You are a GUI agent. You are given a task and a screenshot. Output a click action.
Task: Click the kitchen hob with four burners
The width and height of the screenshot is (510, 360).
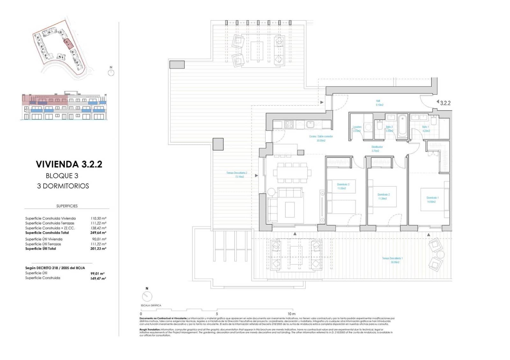point(289,124)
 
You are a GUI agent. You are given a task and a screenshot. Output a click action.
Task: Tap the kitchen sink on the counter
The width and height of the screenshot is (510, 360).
point(310,124)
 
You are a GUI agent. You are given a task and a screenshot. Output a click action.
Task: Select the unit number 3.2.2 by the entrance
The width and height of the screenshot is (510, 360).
point(445,103)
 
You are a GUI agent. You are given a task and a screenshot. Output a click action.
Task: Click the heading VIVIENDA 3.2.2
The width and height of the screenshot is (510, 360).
point(69,164)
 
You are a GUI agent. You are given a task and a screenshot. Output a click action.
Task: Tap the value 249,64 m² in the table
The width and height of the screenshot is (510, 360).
point(98,233)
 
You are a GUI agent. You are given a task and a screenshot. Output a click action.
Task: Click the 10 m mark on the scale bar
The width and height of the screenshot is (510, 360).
point(291,314)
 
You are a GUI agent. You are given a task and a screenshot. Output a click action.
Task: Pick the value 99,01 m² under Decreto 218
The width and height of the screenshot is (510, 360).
point(98,273)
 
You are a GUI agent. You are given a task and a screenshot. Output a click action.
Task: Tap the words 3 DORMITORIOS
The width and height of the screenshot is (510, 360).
point(63,186)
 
